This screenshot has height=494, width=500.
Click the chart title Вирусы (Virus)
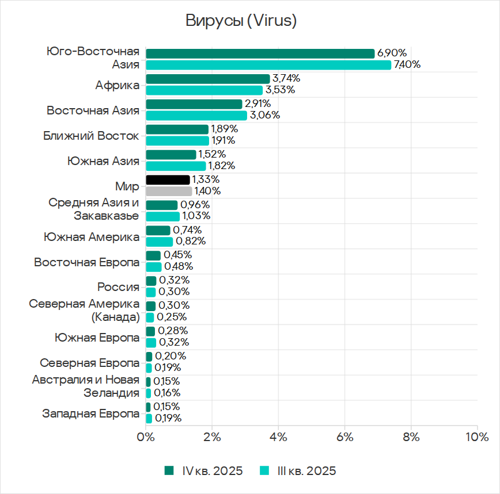tap(241, 21)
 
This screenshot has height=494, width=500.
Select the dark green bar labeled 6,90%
tap(260, 53)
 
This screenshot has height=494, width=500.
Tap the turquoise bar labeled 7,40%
tap(268, 64)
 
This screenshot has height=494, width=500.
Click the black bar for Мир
tap(168, 180)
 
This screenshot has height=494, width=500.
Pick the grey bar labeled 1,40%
tap(169, 191)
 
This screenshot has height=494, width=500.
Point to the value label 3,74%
tap(286, 78)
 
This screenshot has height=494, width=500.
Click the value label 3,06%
tap(264, 115)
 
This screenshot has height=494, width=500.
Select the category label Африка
tap(118, 85)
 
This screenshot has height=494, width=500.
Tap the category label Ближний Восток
tap(91, 136)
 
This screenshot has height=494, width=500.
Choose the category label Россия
tap(118, 287)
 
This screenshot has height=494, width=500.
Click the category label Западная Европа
tap(91, 413)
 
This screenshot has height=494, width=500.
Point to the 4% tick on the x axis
tap(278, 436)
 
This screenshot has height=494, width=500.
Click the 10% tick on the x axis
tap(476, 436)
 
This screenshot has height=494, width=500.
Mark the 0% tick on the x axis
tap(146, 436)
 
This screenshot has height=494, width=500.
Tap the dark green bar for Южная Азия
tap(171, 155)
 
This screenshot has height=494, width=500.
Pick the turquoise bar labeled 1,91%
tap(177, 140)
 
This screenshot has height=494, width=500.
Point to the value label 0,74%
tap(187, 230)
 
